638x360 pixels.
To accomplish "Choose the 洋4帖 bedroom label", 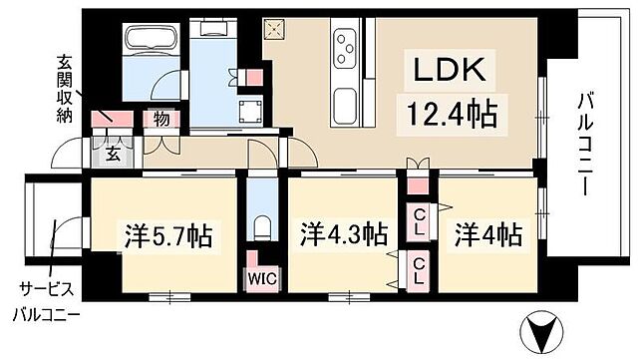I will coord(488,236).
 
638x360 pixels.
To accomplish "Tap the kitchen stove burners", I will coord(345,45).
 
